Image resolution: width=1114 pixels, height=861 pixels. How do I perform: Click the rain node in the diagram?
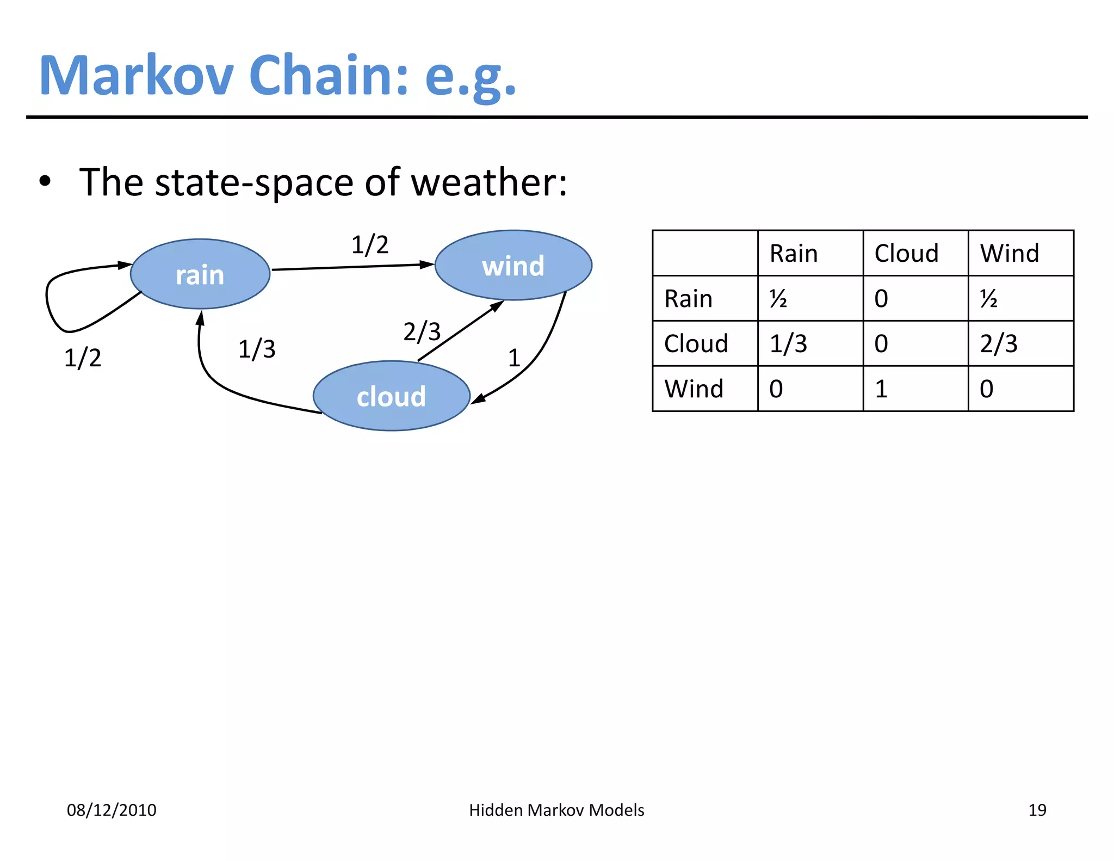pyautogui.click(x=200, y=274)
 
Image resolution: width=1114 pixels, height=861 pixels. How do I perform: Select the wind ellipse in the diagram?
pyautogui.click(x=513, y=266)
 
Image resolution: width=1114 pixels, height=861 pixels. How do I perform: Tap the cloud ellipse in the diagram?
pyautogui.click(x=391, y=396)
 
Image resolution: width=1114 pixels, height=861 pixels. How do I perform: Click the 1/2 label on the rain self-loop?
pyautogui.click(x=83, y=358)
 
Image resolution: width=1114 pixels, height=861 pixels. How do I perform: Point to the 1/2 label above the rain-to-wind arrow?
pyautogui.click(x=370, y=245)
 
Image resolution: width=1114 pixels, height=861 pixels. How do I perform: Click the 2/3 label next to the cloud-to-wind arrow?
pyautogui.click(x=422, y=331)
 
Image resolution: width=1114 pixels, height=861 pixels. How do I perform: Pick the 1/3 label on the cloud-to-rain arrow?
pyautogui.click(x=257, y=349)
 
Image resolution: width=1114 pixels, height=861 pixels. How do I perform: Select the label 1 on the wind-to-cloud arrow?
pyautogui.click(x=514, y=358)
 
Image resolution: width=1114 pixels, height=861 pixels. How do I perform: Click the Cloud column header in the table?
pyautogui.click(x=906, y=254)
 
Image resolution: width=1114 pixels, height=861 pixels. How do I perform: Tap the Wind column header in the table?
pyautogui.click(x=1010, y=254)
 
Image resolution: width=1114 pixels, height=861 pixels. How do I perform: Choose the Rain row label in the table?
pyautogui.click(x=688, y=299)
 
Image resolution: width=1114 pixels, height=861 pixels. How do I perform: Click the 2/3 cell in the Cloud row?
pyautogui.click(x=999, y=344)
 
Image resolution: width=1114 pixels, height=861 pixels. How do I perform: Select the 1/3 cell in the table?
pyautogui.click(x=788, y=344)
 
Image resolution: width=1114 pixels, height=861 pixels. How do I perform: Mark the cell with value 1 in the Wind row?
pyautogui.click(x=881, y=389)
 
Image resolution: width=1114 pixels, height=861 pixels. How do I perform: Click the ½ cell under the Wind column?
pyautogui.click(x=989, y=299)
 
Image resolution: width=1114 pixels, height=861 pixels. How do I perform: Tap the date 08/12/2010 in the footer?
pyautogui.click(x=112, y=810)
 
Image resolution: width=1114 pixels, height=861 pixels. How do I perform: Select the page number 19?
pyautogui.click(x=1037, y=810)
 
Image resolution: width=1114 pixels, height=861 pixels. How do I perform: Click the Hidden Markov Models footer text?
pyautogui.click(x=556, y=810)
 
